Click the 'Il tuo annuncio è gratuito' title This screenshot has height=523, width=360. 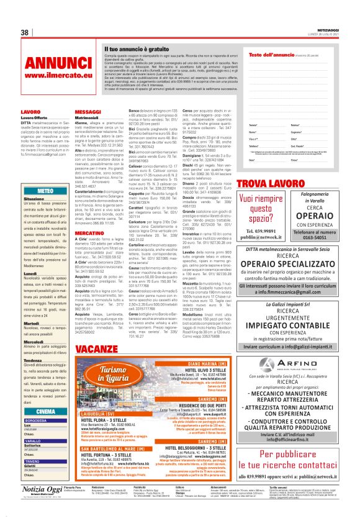coord(136,48)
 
